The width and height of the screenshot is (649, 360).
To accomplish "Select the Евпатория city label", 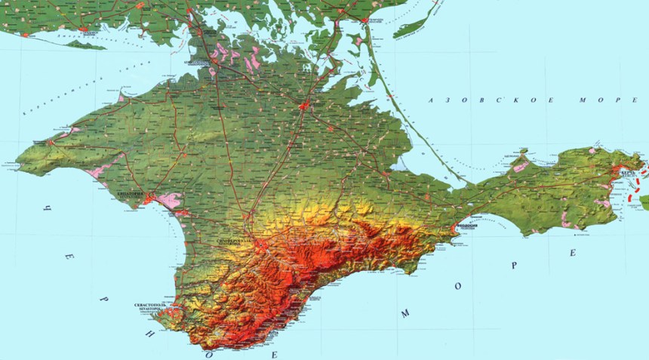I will pyautogui.click(x=131, y=194).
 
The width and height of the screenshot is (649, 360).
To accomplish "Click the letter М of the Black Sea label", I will pyautogui.click(x=405, y=312).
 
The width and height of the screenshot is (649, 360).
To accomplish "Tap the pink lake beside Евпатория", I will pyautogui.click(x=169, y=200).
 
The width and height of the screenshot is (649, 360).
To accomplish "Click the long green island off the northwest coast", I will pyautogui.click(x=85, y=45).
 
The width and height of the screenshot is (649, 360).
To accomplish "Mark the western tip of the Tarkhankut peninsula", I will pyautogui.click(x=18, y=160).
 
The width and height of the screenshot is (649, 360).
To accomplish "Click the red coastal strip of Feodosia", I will pyautogui.click(x=457, y=225).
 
